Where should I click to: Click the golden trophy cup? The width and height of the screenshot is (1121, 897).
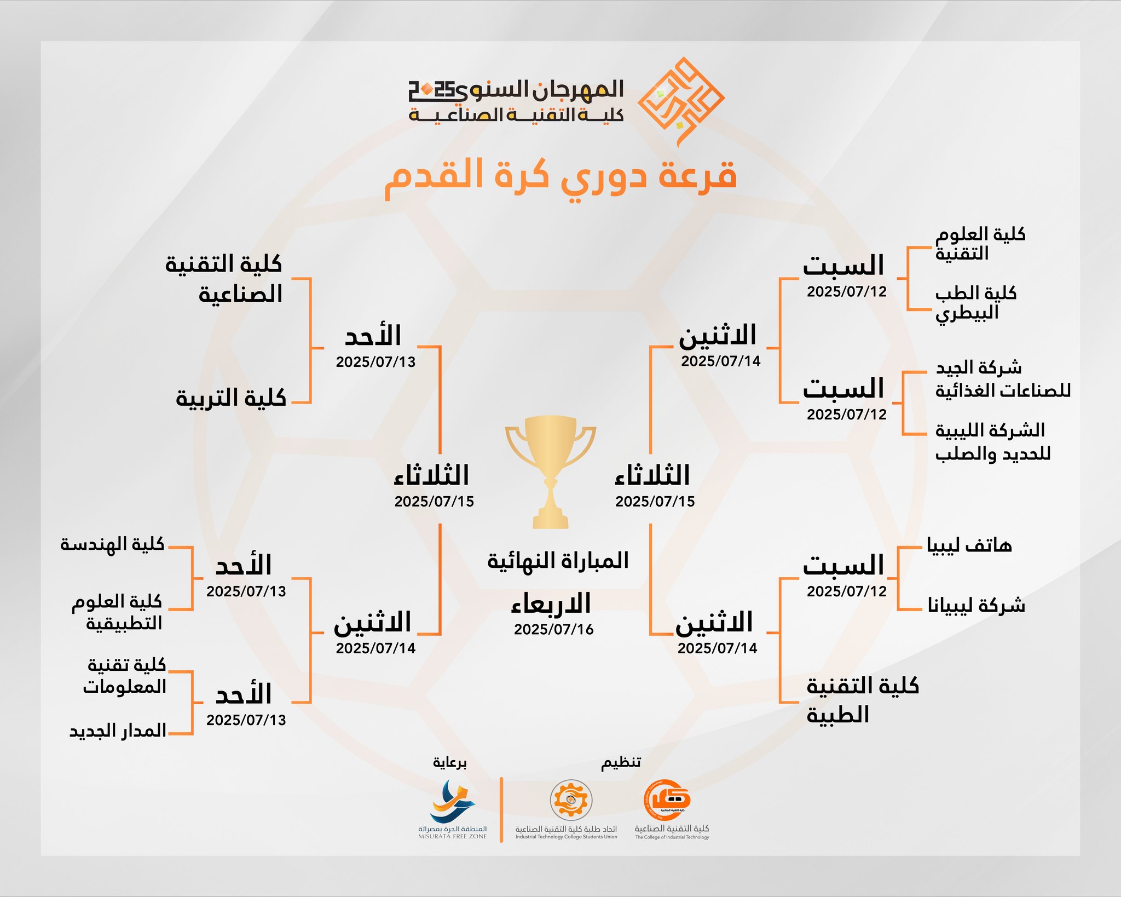pos(550,472)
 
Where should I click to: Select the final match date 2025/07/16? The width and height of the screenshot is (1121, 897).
pos(554,629)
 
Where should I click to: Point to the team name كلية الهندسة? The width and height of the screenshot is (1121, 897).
pos(112,544)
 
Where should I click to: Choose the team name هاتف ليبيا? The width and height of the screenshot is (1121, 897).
pos(969,545)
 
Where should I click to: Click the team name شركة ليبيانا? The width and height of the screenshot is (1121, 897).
pos(976,605)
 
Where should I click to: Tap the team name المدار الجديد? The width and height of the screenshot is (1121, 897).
pos(118,731)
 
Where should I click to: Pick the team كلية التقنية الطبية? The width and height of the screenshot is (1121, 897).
pos(863,700)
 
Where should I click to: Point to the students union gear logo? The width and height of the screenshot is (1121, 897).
pos(571,800)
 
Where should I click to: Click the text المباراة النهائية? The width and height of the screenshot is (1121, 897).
pos(558,561)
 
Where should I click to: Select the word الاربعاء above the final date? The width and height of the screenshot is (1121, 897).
pos(551,603)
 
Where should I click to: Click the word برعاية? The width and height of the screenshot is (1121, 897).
pos(450,762)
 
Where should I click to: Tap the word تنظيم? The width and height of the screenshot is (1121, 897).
pos(621,762)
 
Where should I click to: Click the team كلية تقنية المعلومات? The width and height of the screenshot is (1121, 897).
pos(125,676)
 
